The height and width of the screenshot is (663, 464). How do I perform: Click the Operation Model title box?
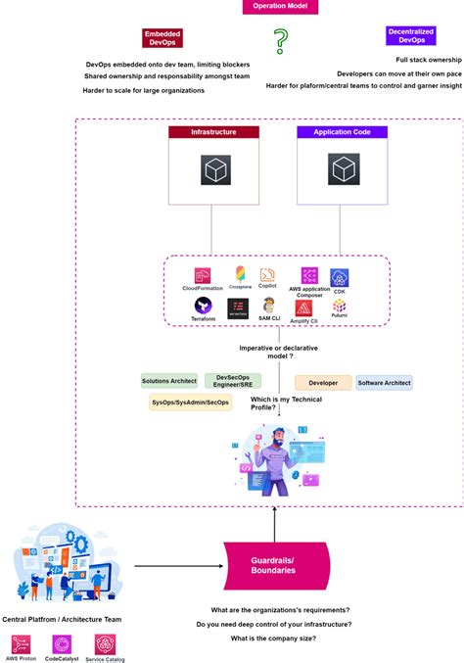(x=279, y=7)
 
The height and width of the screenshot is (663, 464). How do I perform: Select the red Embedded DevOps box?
(x=162, y=37)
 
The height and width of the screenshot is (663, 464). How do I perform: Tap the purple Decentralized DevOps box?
(x=411, y=36)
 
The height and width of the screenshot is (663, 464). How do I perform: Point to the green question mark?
(x=281, y=42)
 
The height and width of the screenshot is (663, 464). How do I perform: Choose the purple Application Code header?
(x=342, y=131)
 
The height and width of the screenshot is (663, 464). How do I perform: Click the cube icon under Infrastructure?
(x=214, y=171)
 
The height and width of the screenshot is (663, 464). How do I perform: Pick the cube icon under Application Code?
(x=342, y=171)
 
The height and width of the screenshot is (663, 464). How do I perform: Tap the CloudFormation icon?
(x=203, y=275)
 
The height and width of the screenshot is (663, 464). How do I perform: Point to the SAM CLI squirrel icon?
(x=269, y=307)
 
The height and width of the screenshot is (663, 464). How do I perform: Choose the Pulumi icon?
(x=339, y=307)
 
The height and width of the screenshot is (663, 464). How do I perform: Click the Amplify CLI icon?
(x=303, y=308)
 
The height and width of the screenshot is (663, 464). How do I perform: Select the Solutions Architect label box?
(x=169, y=381)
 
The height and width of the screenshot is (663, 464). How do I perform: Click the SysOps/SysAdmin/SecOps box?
(x=190, y=403)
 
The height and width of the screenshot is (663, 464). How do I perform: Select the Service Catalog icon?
(x=105, y=643)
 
